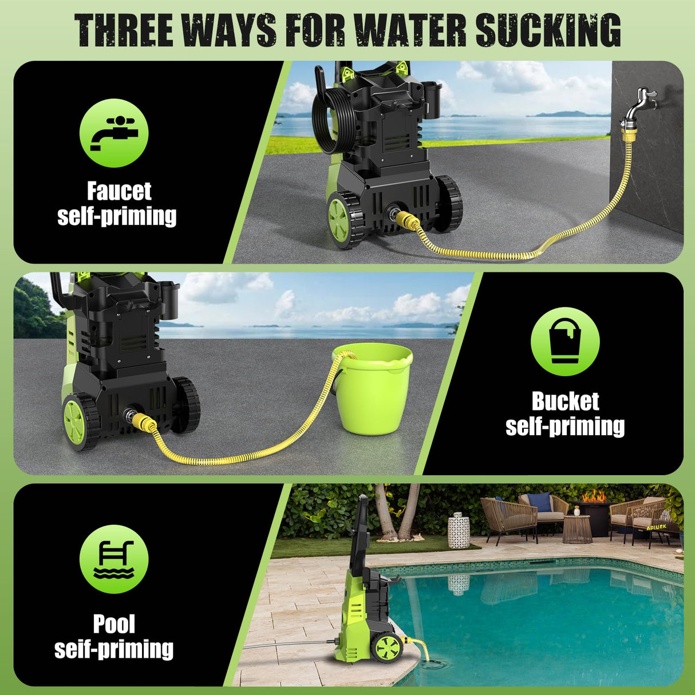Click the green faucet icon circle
tap(114, 133)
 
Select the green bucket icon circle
tap(565, 341)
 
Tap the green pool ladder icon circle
tap(114, 559)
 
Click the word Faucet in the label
tap(119, 191)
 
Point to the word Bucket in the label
tap(565, 401)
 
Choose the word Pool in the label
tap(114, 623)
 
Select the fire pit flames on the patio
tap(593, 496)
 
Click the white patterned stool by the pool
tap(458, 530)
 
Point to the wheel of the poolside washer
tap(386, 647)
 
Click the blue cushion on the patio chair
tap(540, 501)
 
